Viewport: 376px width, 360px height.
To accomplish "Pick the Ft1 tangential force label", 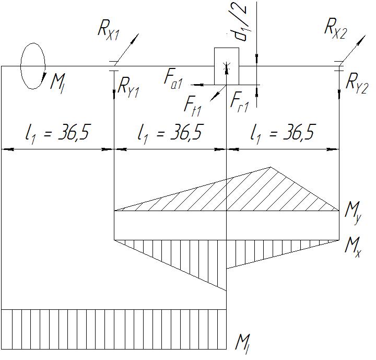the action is coord(193,105).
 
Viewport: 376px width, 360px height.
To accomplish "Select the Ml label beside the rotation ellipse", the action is coord(57,81).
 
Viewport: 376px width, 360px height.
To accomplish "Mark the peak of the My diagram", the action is coord(270,168).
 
